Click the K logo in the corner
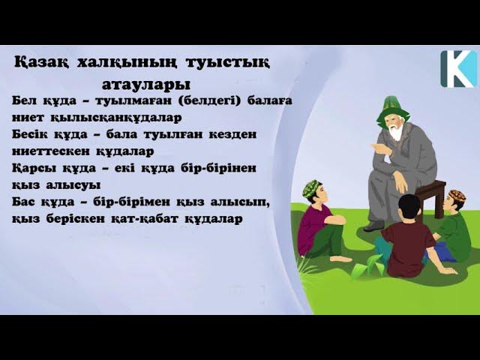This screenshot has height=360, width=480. pyautogui.click(x=457, y=67)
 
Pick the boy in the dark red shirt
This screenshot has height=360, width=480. pyautogui.click(x=407, y=238)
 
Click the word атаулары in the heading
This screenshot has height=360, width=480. pyautogui.click(x=145, y=82)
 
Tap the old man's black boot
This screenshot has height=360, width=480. pyautogui.click(x=373, y=225)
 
